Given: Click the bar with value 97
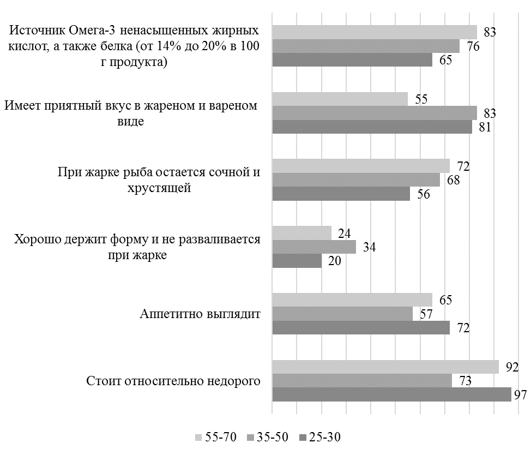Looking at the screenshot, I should click(391, 394).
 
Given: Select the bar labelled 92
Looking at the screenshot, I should click(385, 367).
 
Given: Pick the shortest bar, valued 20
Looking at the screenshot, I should click(297, 261).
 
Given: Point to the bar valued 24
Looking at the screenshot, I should click(301, 234).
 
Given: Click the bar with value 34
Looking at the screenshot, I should click(313, 247).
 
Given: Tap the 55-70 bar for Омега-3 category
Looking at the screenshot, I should click(374, 32).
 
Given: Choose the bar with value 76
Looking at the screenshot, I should click(365, 46).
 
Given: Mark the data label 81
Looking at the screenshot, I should click(485, 127).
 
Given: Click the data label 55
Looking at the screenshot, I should click(421, 99).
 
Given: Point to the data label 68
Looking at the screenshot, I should click(452, 181).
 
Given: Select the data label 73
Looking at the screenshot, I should click(464, 381).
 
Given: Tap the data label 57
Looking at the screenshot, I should click(425, 314).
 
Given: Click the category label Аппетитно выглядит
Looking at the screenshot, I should click(200, 314).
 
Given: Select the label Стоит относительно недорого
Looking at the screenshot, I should click(173, 381).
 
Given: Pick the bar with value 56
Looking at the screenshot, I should click(341, 194).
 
